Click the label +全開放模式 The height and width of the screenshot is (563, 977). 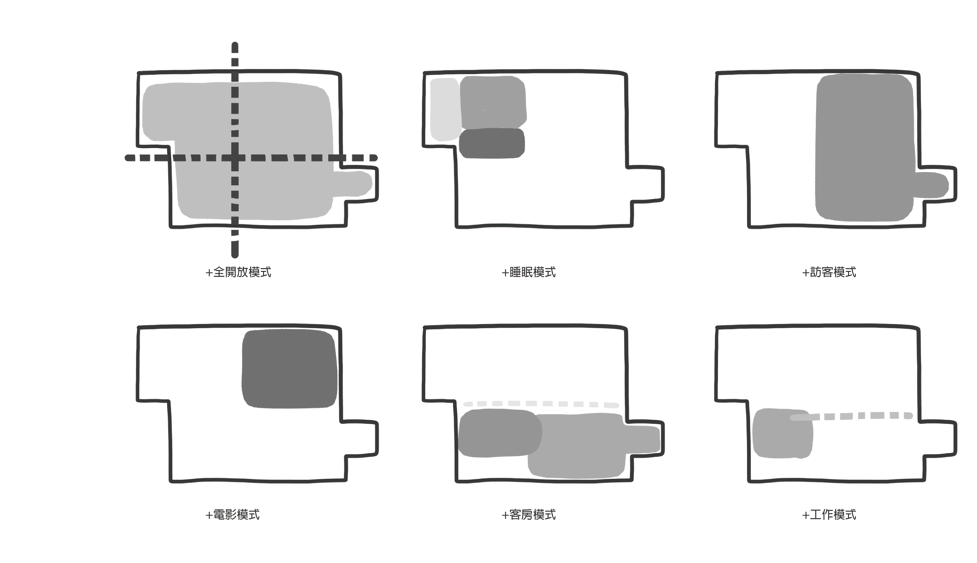238,272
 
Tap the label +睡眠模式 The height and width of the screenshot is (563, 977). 528,272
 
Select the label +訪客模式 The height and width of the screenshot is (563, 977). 829,272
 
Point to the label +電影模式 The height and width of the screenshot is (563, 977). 232,515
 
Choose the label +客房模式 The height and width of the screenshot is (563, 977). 528,515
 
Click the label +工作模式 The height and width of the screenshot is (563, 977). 829,515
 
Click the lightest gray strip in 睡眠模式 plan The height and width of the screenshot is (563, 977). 445,110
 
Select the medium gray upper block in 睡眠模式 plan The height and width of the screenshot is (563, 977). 493,102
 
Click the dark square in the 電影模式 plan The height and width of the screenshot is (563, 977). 289,368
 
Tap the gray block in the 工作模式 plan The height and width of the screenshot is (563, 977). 782,434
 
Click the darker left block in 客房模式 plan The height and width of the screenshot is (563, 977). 499,433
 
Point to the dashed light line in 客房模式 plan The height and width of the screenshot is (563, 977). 541,404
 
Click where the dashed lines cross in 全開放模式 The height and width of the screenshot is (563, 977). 235,158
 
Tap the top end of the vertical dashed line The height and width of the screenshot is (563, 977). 235,44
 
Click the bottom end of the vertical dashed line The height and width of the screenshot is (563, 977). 235,255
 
